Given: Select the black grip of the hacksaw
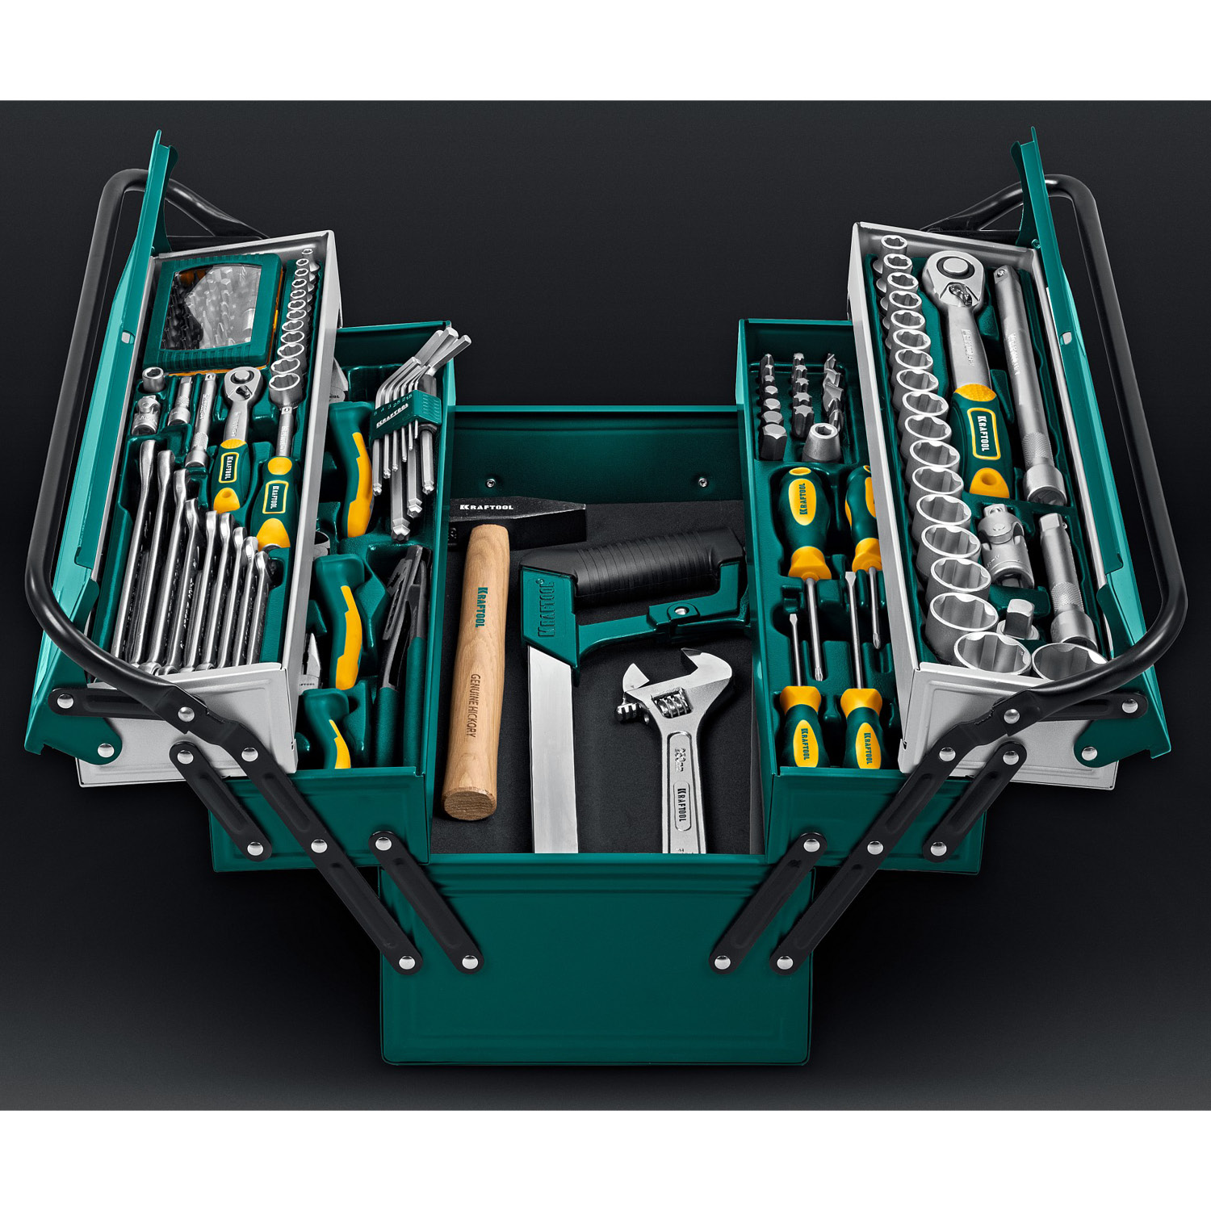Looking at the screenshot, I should pyautogui.click(x=654, y=565).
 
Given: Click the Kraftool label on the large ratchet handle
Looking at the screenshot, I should pyautogui.click(x=982, y=432).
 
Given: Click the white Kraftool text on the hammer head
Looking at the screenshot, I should pyautogui.click(x=486, y=507).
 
